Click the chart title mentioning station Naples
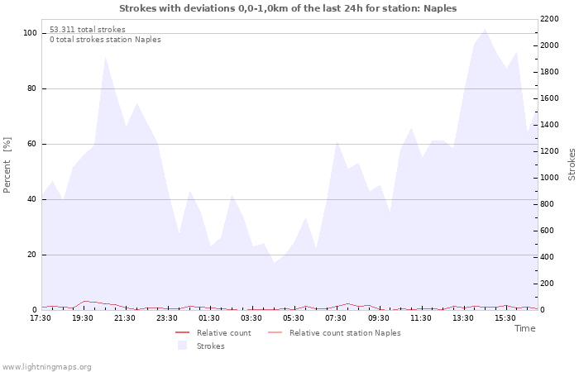click(x=288, y=8)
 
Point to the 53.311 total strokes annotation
click(x=88, y=30)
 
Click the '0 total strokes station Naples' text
click(x=105, y=40)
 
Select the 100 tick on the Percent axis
click(x=30, y=33)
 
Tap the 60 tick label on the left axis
click(x=31, y=144)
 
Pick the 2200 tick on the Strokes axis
click(x=549, y=19)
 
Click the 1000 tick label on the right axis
click(x=549, y=178)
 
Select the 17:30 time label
click(x=41, y=318)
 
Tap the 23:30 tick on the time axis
click(x=167, y=318)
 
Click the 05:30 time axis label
click(x=294, y=318)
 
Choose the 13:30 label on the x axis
click(x=462, y=318)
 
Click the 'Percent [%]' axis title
click(x=7, y=165)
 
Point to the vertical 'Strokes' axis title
click(x=572, y=165)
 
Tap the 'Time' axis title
click(x=525, y=328)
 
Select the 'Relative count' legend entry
click(x=213, y=333)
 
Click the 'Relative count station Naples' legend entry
click(x=334, y=333)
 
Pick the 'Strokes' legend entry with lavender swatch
click(x=201, y=346)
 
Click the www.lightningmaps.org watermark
click(x=46, y=367)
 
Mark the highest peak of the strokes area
click(x=485, y=29)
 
